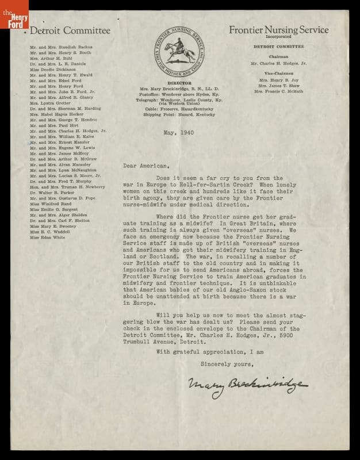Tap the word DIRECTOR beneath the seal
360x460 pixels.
tap(177, 83)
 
